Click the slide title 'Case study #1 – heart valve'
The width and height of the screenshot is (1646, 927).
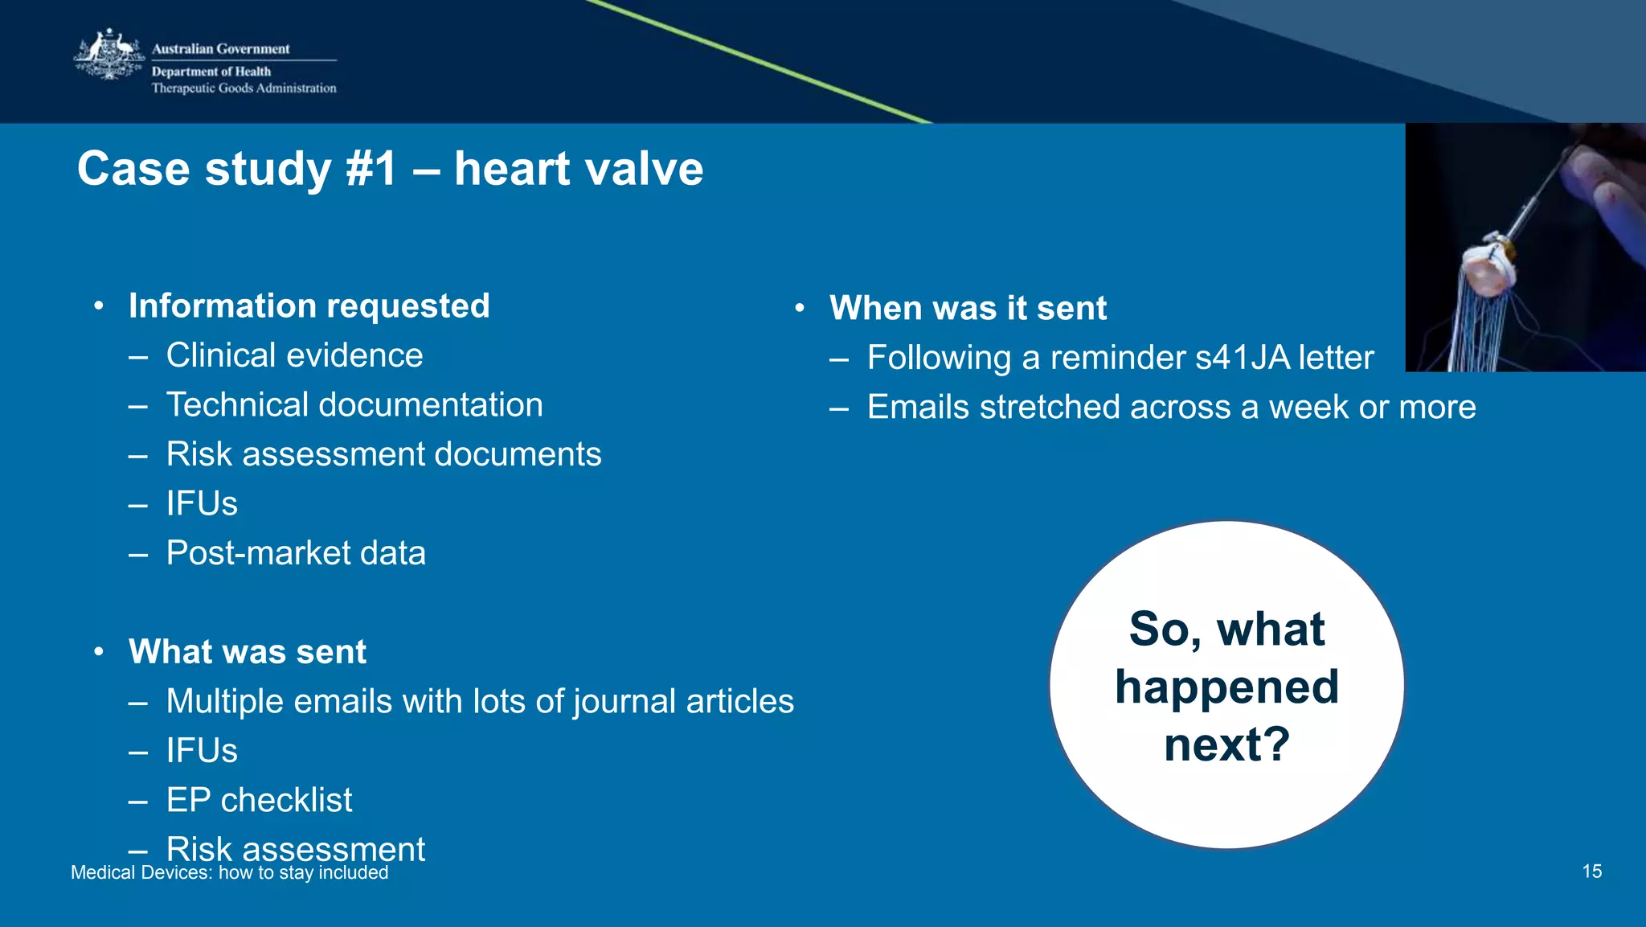point(390,169)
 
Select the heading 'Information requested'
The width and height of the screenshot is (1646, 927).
point(309,306)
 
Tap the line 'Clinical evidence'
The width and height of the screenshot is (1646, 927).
point(294,355)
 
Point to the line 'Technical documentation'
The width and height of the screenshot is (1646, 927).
point(354,404)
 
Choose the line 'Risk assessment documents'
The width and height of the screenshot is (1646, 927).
point(383,454)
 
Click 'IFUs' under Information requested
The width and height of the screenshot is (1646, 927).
point(202,504)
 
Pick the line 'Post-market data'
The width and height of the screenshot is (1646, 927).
point(296,553)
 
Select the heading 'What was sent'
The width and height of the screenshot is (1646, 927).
point(248,651)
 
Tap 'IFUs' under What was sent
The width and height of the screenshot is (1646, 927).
point(202,751)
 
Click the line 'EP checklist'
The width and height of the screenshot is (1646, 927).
point(259,800)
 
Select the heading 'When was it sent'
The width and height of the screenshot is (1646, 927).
point(968,308)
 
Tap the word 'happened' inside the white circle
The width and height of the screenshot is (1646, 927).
point(1226,687)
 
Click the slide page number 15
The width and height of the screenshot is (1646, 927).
point(1591,872)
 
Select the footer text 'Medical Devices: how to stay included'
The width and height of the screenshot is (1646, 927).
point(229,873)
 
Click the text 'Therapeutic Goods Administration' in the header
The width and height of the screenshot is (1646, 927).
point(244,88)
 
